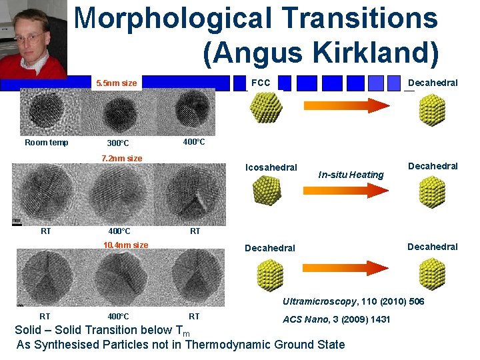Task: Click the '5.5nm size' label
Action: (x=117, y=83)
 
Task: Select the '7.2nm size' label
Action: (x=121, y=159)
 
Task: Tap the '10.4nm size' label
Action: (x=125, y=245)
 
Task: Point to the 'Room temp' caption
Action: (x=46, y=143)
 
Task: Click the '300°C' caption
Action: (x=118, y=143)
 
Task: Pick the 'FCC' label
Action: (x=261, y=83)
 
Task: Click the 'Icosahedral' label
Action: (x=271, y=167)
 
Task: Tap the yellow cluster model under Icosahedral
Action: (x=267, y=192)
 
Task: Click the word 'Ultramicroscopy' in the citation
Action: (x=320, y=302)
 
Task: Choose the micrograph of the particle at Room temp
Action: (x=45, y=113)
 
